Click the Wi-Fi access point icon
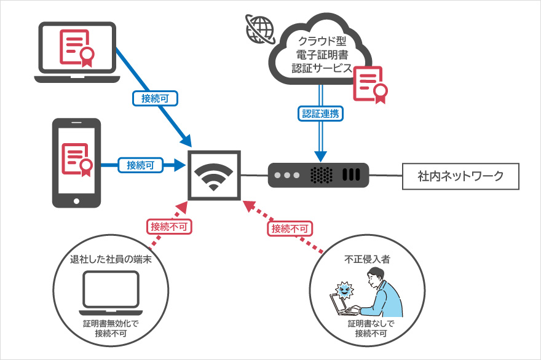[215, 174]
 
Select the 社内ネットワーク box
[460, 176]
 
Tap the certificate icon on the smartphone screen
[76, 157]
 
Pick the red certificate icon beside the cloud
[369, 84]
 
